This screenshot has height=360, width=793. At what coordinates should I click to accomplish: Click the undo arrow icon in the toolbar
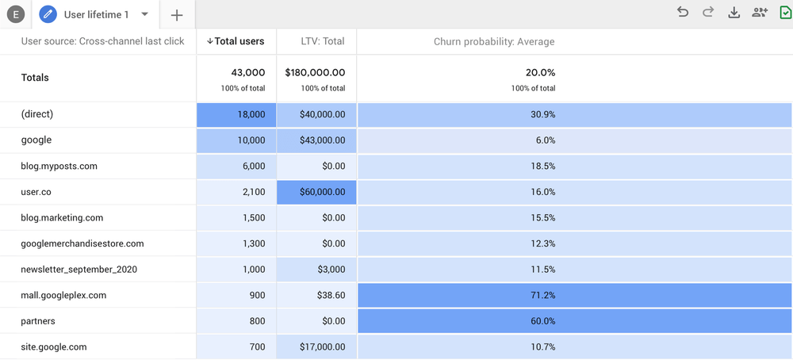pyautogui.click(x=682, y=12)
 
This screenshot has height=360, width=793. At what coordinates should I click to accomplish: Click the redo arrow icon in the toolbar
pyautogui.click(x=708, y=12)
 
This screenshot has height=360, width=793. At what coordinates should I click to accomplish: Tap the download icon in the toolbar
pyautogui.click(x=734, y=12)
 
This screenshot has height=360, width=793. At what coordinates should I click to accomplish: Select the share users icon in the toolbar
pyautogui.click(x=760, y=12)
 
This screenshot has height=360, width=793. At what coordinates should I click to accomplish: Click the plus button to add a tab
pyautogui.click(x=177, y=15)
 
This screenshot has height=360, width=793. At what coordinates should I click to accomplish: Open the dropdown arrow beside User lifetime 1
pyautogui.click(x=144, y=14)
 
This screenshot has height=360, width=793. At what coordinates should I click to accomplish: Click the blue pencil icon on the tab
pyautogui.click(x=48, y=14)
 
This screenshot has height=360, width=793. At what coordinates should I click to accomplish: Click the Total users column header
pyautogui.click(x=236, y=41)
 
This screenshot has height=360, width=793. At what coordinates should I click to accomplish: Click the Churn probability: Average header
pyautogui.click(x=494, y=41)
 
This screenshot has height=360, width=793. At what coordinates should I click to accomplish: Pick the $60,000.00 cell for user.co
pyautogui.click(x=316, y=192)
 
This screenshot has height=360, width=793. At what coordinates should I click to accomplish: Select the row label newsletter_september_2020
pyautogui.click(x=79, y=270)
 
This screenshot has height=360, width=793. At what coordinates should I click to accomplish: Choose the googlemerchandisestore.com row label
pyautogui.click(x=82, y=243)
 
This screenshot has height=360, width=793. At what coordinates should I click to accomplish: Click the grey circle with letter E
pyautogui.click(x=16, y=15)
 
